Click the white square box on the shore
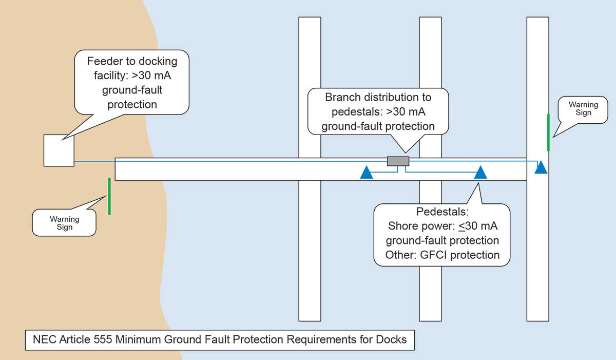click(x=59, y=150)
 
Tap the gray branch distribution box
click(x=398, y=161)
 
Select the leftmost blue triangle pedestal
click(x=366, y=173)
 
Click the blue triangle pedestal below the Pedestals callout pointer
click(x=480, y=173)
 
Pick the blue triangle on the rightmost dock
click(x=541, y=168)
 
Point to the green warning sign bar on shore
click(x=109, y=196)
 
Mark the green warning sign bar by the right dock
click(x=548, y=132)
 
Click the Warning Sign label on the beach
click(x=64, y=223)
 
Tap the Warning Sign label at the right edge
click(x=583, y=109)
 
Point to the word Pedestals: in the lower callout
click(x=442, y=212)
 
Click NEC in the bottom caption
click(x=42, y=339)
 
